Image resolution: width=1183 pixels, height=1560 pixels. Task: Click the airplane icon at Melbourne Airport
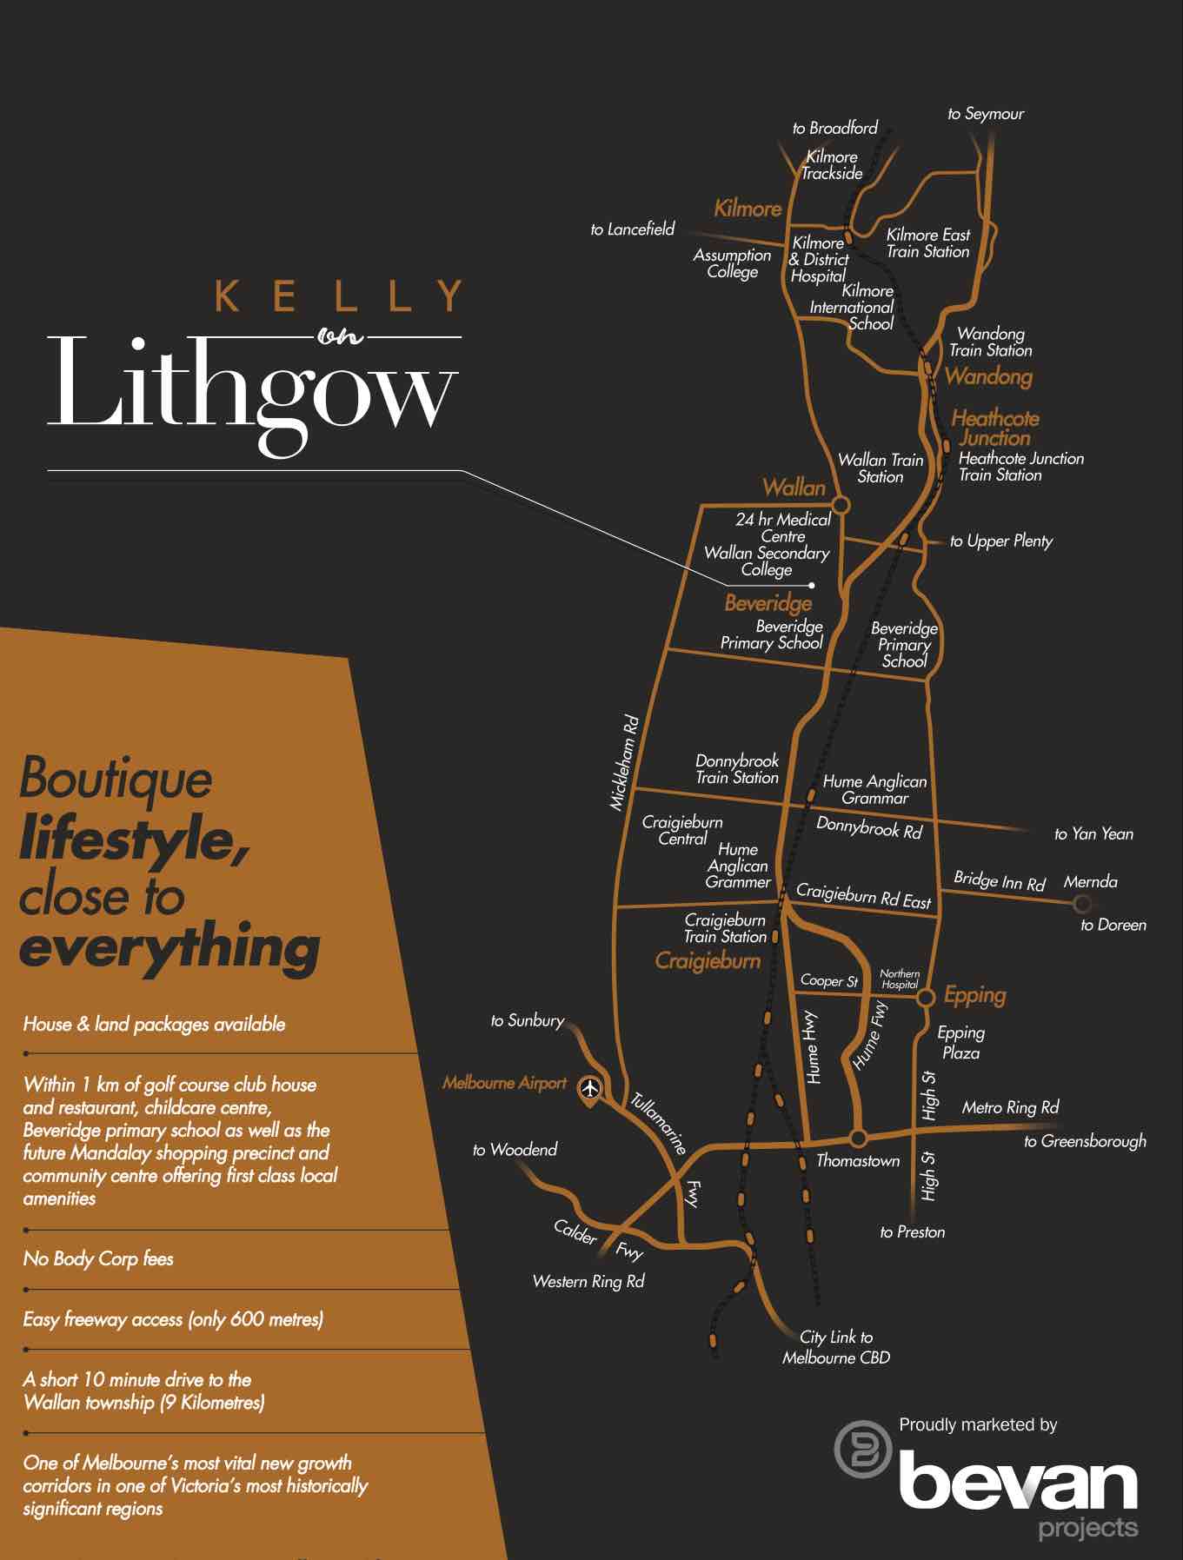pos(590,1088)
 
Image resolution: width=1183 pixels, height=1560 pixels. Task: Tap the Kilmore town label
pos(748,209)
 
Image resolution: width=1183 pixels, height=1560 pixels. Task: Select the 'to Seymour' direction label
pos(986,114)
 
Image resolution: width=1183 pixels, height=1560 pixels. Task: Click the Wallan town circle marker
pos(841,505)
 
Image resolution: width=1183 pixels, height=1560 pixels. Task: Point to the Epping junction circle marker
pos(926,996)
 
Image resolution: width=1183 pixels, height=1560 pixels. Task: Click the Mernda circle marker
pos(1082,904)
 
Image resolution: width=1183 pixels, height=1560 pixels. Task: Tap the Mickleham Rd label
pos(624,763)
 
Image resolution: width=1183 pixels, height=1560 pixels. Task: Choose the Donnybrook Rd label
pos(868,827)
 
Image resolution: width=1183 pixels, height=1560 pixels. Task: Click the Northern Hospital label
pos(900,979)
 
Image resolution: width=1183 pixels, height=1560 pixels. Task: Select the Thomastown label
pos(858,1161)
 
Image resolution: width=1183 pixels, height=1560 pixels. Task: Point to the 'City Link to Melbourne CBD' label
pos(836,1347)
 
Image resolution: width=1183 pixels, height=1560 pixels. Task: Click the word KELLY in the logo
pos(338,296)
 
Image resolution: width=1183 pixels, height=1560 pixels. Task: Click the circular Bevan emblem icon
pos(862,1448)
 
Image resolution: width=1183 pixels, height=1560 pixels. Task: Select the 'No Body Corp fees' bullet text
pos(98,1258)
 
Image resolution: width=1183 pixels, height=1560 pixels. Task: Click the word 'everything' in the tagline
pos(169,948)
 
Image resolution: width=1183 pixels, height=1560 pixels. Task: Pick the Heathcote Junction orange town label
pos(995,428)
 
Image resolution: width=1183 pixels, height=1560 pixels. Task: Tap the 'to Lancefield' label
pos(632,229)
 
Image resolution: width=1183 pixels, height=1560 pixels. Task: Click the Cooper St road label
pos(828,981)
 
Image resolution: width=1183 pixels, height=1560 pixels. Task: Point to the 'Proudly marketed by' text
pos(978,1424)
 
